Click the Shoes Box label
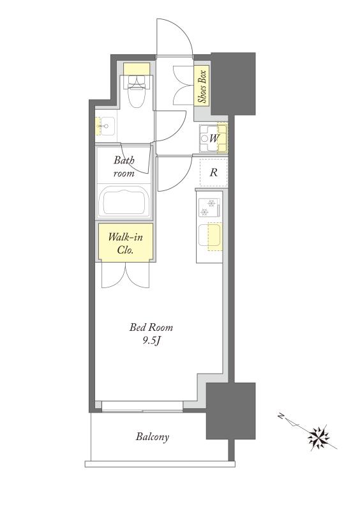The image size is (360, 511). pos(202,86)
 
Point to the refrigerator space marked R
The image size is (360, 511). pos(213,172)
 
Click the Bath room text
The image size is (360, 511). pos(124,167)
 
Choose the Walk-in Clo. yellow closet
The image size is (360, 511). pos(126,242)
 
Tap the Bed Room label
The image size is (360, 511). pos(151,327)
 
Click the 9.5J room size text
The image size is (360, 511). pos(151,341)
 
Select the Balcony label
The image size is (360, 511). pos(153,437)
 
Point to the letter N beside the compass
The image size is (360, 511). pos(281,416)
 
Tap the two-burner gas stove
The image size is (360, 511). pos(209,208)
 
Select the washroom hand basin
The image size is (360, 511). pos(105,126)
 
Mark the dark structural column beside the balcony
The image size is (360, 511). pos(230,411)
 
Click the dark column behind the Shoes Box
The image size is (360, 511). pos(233,84)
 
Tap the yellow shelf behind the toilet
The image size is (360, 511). pos(137,68)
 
